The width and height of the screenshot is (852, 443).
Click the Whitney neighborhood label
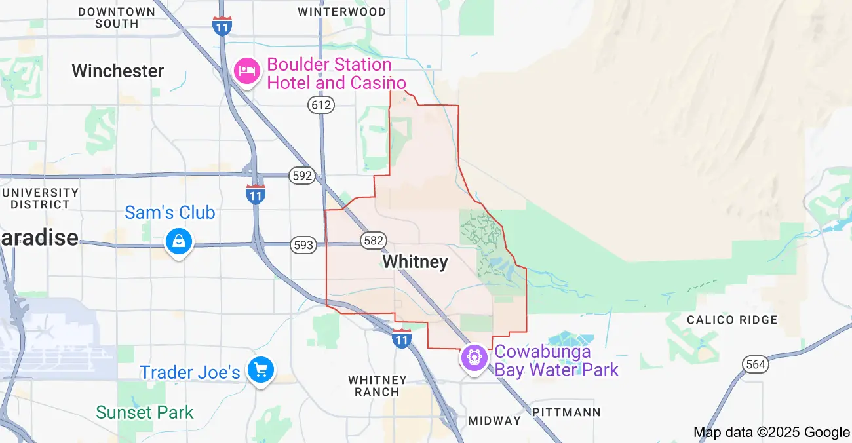point(416,262)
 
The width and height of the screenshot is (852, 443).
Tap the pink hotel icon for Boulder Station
point(247,71)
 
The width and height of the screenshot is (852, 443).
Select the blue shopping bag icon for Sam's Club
point(178,242)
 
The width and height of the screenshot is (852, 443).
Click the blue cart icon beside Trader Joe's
point(261,371)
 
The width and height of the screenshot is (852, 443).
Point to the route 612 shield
point(321,104)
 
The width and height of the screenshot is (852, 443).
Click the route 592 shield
point(303,176)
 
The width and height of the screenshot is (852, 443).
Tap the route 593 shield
point(303,245)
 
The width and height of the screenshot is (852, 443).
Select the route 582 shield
point(373,240)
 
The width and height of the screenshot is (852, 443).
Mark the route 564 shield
point(755,365)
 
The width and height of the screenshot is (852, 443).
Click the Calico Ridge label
point(732,320)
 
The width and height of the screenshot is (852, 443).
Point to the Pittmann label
point(566,412)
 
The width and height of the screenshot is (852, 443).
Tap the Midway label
point(494,420)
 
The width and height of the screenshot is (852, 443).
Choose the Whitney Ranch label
point(378,386)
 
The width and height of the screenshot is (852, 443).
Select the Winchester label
point(118,71)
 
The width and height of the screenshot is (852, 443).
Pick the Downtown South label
point(117,18)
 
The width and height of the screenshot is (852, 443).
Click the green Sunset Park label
point(145,413)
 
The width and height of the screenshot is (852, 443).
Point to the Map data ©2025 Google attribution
point(771,432)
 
